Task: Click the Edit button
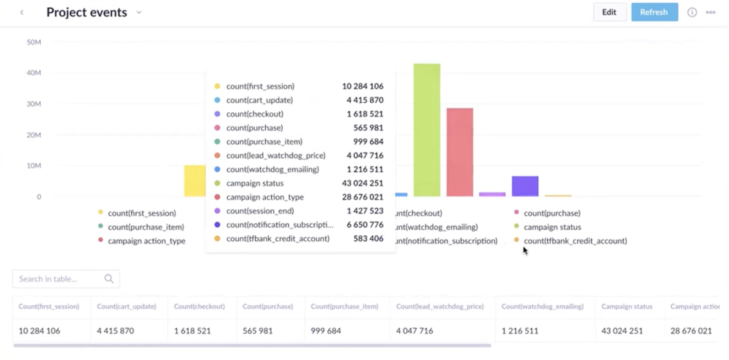(609, 12)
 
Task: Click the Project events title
(87, 12)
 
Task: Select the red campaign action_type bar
(459, 152)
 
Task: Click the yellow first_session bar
(195, 181)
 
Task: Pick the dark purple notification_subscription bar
(525, 186)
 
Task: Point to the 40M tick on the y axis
(34, 73)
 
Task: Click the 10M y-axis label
(34, 166)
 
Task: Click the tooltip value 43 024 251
(363, 183)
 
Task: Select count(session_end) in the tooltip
(260, 211)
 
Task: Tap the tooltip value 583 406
(368, 239)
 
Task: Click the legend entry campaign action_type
(147, 241)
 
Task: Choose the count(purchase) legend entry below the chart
(552, 213)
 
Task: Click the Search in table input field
(59, 279)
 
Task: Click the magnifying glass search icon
(109, 279)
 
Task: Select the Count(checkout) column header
(199, 307)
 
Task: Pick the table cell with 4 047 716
(415, 331)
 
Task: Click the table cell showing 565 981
(257, 331)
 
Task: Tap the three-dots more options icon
(710, 12)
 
